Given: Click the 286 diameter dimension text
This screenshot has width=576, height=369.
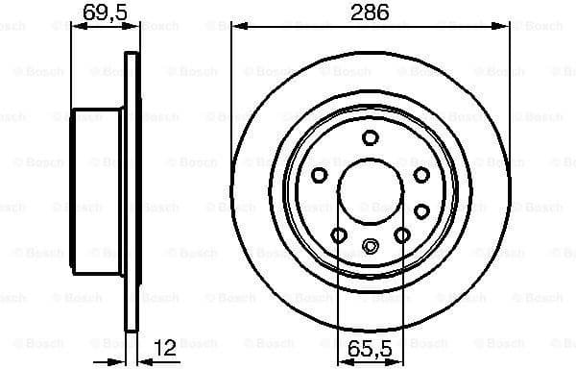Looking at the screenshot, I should [370, 12].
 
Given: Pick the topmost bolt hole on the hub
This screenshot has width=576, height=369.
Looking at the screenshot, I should [370, 137].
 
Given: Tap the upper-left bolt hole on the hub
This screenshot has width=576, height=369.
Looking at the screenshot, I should [319, 174].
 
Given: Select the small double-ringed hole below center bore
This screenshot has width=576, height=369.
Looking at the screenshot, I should [370, 247].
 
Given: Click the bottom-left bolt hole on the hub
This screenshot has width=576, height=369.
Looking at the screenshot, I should [337, 234].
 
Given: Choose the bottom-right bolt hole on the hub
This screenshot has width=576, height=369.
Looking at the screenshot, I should [402, 234].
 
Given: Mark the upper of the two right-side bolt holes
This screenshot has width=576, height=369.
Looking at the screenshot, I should [420, 174].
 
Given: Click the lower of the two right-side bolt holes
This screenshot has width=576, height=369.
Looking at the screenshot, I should [420, 209].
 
